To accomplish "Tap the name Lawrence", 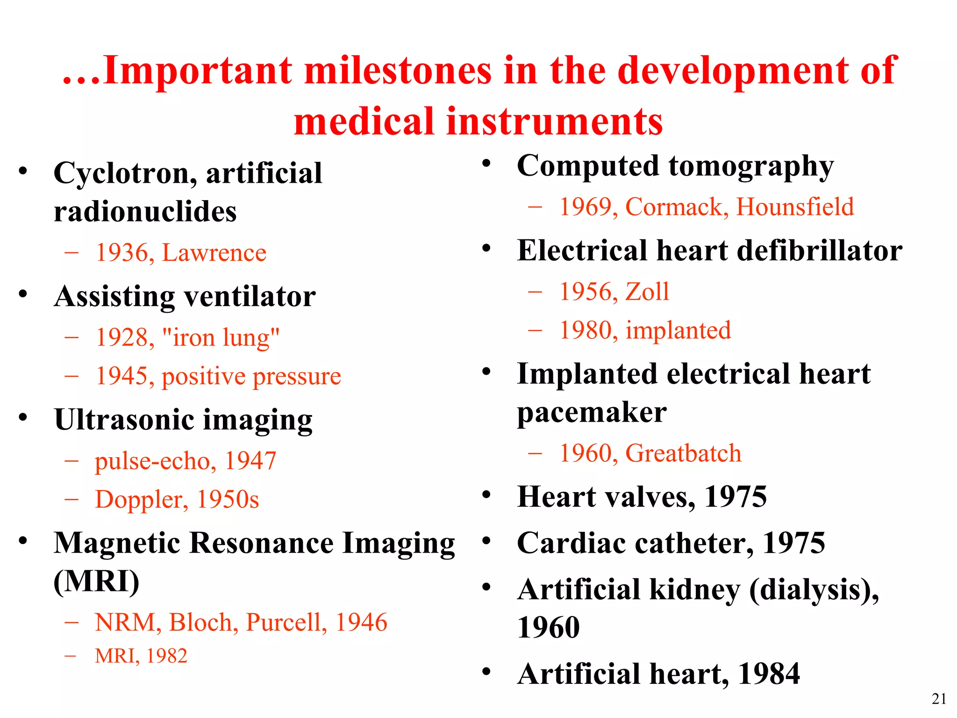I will (x=214, y=253).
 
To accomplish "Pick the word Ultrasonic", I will (x=123, y=419).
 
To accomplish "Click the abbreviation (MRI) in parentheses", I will (x=96, y=582).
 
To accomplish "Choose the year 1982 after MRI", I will (x=167, y=656).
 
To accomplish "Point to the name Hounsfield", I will (x=795, y=207).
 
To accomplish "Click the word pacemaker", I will (x=592, y=413).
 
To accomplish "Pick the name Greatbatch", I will (x=683, y=453).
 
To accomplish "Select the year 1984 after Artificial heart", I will (x=769, y=674).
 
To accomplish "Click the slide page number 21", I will (x=939, y=699).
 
